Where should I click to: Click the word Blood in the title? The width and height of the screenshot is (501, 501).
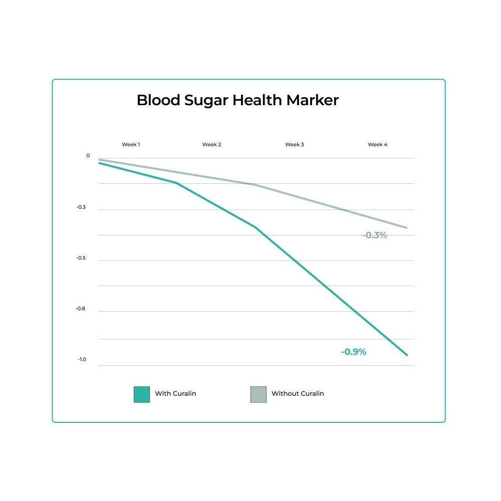click(x=158, y=100)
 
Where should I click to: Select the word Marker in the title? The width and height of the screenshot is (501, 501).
click(x=312, y=100)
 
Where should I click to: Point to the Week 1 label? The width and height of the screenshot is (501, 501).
click(x=131, y=144)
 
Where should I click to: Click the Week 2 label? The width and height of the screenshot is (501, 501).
click(x=211, y=144)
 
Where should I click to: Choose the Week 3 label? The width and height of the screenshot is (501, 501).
click(x=295, y=144)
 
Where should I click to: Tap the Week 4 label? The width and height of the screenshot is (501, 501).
click(x=378, y=144)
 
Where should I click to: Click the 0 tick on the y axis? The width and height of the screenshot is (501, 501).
click(x=88, y=155)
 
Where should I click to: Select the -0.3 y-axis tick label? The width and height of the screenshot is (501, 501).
click(x=81, y=207)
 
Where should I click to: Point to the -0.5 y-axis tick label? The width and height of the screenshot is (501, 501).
click(x=81, y=258)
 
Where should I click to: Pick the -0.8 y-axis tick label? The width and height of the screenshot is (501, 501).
click(x=80, y=308)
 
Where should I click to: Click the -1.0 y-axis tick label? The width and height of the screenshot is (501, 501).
click(x=82, y=359)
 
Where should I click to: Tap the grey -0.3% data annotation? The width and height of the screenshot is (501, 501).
click(x=374, y=235)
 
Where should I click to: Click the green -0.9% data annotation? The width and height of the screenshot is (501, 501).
click(x=353, y=352)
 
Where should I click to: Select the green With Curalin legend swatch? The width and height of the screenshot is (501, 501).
click(x=142, y=394)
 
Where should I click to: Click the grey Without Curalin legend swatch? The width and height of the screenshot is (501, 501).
click(x=259, y=394)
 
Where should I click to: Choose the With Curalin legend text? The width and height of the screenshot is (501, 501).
click(x=175, y=393)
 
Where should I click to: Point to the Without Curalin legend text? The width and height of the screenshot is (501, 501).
click(x=298, y=393)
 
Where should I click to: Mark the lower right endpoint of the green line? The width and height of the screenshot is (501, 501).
click(x=407, y=355)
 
